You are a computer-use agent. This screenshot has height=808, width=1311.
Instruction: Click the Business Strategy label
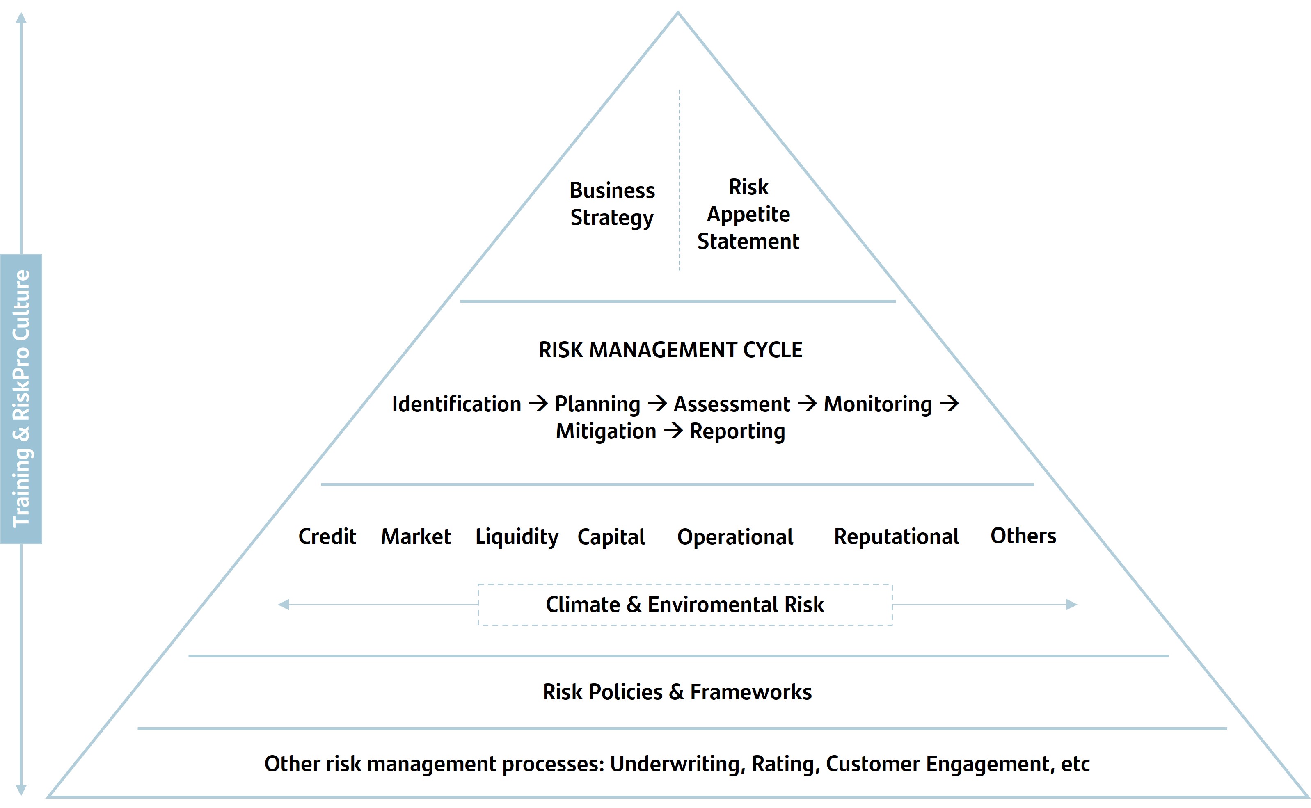point(612,203)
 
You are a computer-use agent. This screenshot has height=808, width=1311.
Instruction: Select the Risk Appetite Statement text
point(748,214)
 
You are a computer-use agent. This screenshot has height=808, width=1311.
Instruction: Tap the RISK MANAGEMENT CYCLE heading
point(670,350)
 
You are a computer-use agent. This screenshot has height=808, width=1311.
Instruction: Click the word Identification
point(456,404)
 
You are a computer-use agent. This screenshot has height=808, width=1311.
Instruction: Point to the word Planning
point(597,404)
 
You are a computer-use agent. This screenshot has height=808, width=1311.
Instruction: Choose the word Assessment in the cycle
point(732,404)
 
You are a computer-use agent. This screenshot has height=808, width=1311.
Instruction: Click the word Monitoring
point(878,404)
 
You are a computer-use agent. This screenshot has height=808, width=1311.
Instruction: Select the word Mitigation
point(606,431)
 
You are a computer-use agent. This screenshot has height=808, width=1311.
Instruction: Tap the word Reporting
point(737,431)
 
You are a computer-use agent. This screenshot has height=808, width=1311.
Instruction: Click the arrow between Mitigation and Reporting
point(673,431)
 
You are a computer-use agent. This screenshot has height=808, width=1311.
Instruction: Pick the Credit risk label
point(327,536)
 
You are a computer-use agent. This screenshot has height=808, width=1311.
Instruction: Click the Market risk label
point(416,536)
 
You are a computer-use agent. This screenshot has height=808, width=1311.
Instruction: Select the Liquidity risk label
point(517,536)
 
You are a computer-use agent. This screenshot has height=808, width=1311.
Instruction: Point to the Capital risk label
point(611,536)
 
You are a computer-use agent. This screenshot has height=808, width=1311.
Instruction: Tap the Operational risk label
point(735,536)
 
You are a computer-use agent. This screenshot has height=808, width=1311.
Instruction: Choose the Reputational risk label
point(896,536)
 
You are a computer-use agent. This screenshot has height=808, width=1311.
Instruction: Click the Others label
point(1023,536)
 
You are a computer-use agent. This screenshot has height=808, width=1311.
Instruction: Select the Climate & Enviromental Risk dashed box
point(684,605)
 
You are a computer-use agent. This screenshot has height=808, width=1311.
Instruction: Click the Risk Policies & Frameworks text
point(677,692)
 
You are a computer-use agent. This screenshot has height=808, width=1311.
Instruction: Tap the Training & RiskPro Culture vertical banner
point(21,399)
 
